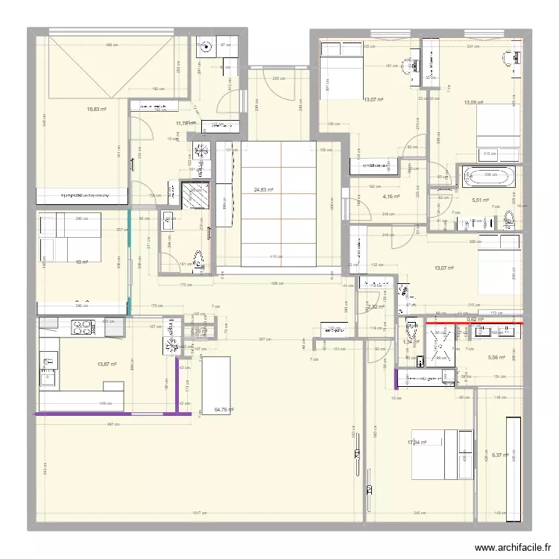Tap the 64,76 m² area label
coord(224,409)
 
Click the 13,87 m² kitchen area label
coord(107,364)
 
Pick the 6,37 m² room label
coord(499,455)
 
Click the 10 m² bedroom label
coord(82,262)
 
